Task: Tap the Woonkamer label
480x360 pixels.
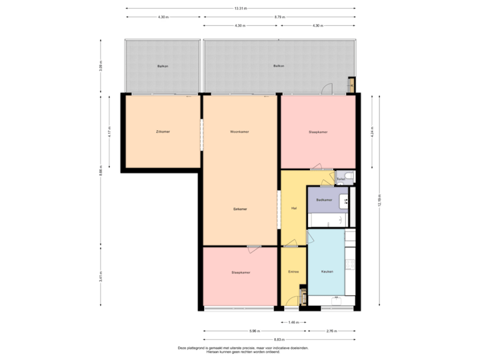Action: point(240,131)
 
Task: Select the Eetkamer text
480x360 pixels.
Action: point(240,209)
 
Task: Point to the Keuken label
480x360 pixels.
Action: point(327,272)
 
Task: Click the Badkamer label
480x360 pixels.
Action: point(325,200)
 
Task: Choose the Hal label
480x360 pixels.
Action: point(293,209)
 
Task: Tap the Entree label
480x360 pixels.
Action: point(293,272)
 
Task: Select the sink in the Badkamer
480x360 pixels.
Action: point(345,200)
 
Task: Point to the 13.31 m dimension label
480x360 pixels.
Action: point(240,9)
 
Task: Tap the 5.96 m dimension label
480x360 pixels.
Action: point(254,331)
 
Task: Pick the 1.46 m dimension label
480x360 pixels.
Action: point(293,323)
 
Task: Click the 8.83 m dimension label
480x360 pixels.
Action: point(279,339)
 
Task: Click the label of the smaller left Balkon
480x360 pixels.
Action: point(162,67)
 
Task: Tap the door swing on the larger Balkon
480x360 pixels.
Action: point(327,89)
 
